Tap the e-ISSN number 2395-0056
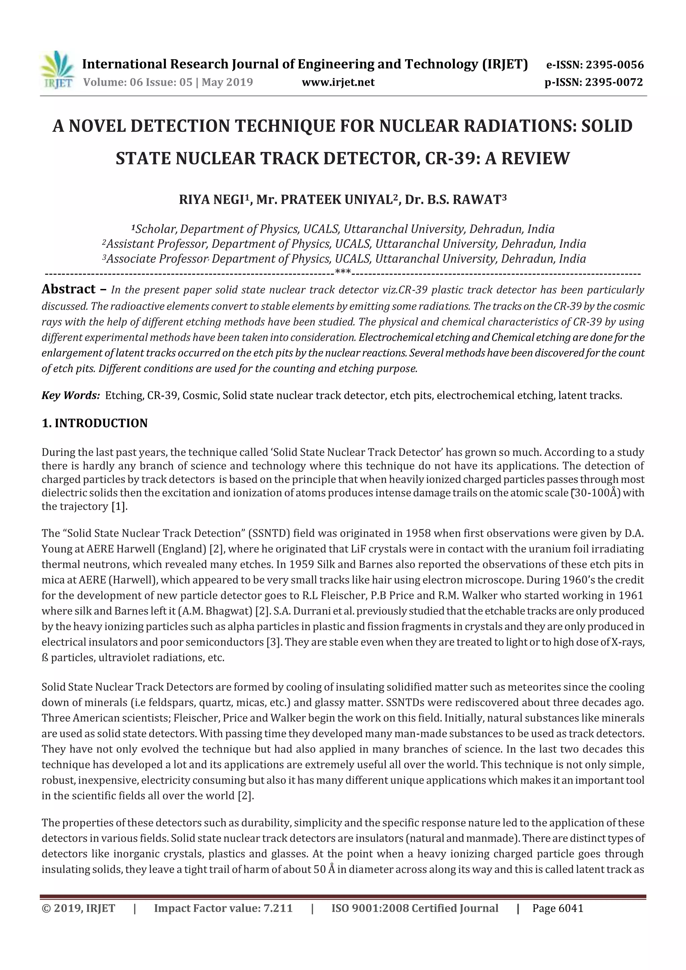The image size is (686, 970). (615, 65)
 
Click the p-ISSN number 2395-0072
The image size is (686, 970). (614, 82)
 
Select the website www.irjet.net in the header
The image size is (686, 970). (338, 82)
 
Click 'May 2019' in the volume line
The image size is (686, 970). (227, 82)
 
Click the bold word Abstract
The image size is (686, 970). (68, 289)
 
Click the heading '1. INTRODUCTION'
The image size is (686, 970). (95, 423)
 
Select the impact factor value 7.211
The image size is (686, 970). (278, 908)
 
